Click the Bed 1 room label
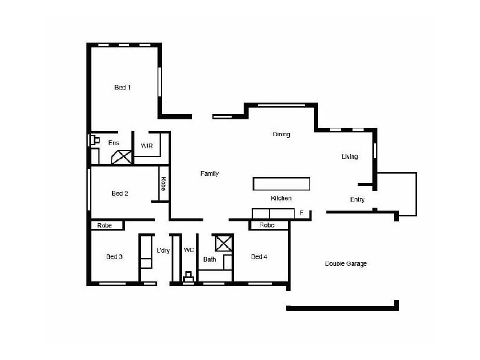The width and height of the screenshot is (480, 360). [x=122, y=88]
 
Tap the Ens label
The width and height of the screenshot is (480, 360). [x=113, y=143]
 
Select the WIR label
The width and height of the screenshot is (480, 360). [x=147, y=146]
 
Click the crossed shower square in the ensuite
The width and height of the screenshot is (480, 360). [x=123, y=157]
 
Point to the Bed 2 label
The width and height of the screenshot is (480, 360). [x=120, y=193]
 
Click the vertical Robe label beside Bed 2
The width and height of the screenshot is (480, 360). [x=163, y=184]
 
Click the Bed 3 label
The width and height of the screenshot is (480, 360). [x=114, y=257]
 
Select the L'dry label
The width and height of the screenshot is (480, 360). [x=163, y=250]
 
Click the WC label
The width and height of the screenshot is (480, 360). [x=188, y=250]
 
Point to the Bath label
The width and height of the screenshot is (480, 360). [x=209, y=260]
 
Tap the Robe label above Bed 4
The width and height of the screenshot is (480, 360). [x=267, y=226]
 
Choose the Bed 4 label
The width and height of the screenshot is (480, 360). [x=259, y=257]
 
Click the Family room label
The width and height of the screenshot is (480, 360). [x=209, y=173]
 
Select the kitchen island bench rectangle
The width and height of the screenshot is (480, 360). [x=281, y=183]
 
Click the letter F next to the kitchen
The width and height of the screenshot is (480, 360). [x=302, y=213]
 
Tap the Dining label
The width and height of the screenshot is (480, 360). [x=281, y=134]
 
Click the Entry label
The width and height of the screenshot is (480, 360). [x=357, y=200]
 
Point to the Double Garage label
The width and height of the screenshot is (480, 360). [x=346, y=263]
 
